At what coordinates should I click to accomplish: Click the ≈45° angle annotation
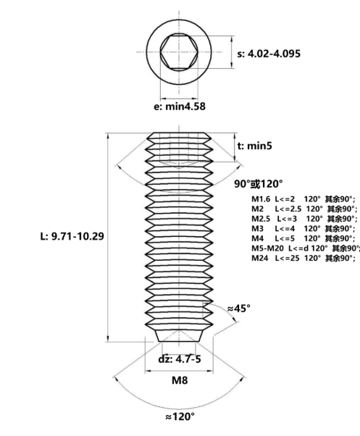[239, 308]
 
